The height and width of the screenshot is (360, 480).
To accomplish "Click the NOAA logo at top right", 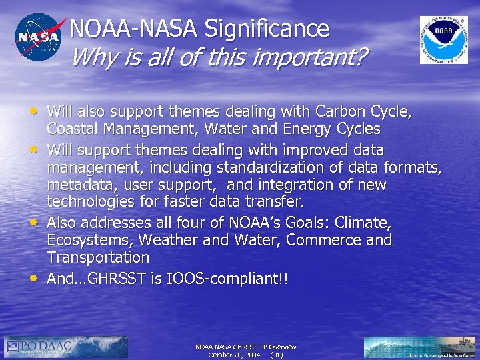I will [x=443, y=40].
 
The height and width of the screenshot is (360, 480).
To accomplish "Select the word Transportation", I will [x=98, y=257].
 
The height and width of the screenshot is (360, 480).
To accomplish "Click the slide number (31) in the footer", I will [x=277, y=355].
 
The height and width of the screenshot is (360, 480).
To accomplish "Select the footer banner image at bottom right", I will [x=420, y=347].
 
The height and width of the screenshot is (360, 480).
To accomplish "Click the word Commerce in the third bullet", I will [x=336, y=239].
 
